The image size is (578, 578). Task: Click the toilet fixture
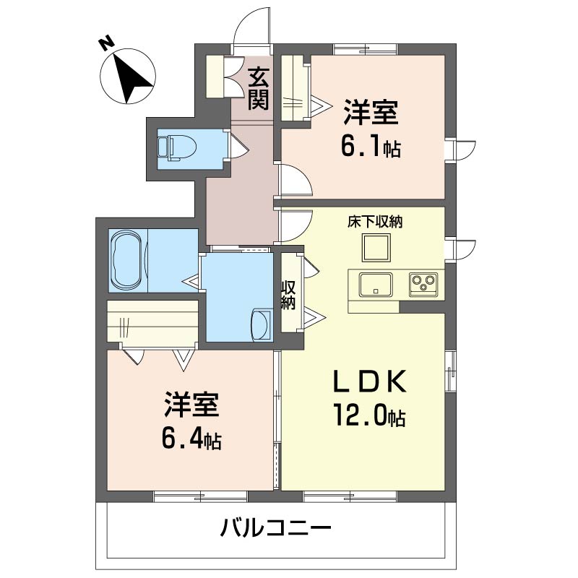coord(177,148)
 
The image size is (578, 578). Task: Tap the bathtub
coord(126,260)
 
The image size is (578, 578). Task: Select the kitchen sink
coord(376,285)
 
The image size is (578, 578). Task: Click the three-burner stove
coord(423,285)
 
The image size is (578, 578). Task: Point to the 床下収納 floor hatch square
coord(376,247)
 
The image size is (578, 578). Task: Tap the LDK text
coord(370,381)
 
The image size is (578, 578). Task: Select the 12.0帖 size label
coord(370,415)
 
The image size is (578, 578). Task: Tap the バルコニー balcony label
coord(276,528)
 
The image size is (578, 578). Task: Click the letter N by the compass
coord(106,44)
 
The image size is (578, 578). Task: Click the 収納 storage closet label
coord(288,295)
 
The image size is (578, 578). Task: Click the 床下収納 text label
coord(375,222)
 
